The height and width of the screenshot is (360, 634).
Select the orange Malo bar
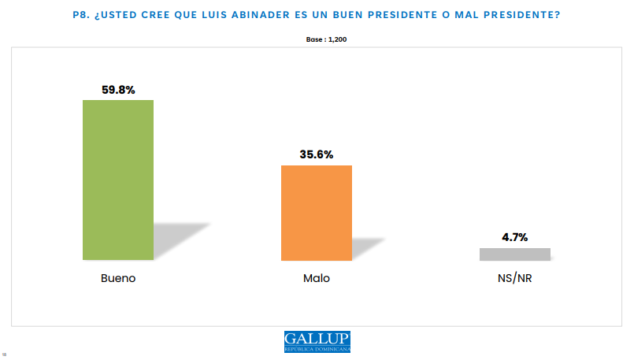(316, 213)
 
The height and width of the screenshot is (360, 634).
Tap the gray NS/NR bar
(514, 254)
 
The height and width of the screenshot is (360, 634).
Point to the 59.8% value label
(118, 90)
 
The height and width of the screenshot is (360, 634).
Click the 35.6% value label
(316, 154)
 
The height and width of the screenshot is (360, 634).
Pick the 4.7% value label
(514, 236)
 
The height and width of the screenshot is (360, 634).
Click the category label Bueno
(118, 279)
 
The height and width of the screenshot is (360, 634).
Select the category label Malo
(316, 279)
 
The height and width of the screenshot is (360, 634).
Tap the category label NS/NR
(514, 279)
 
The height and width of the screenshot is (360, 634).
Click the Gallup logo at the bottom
(317, 341)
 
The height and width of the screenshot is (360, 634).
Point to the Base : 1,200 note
(317, 38)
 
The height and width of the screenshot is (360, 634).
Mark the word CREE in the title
(166, 13)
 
